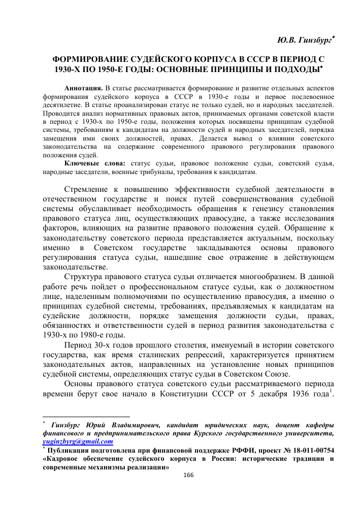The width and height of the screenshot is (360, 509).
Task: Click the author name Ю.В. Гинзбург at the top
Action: (x=304, y=40)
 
